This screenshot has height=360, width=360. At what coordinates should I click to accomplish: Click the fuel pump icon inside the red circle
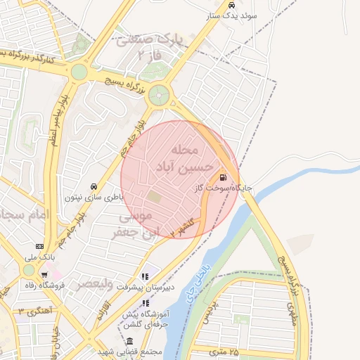223,177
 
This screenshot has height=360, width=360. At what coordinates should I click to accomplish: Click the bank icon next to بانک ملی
39,247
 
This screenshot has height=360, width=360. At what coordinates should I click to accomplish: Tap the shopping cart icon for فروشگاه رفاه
45,275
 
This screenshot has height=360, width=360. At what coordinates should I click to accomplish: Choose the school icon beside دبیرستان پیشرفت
146,276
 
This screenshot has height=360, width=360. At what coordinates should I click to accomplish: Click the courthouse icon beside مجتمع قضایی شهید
129,340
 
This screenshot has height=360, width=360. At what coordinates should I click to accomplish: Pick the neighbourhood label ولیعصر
91,284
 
